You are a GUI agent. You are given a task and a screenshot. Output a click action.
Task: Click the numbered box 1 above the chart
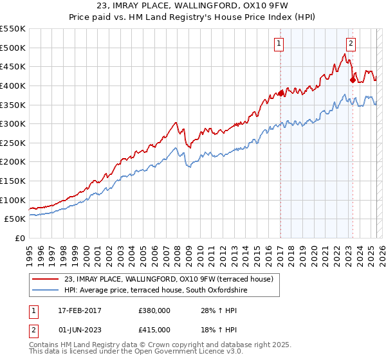click(x=279, y=44)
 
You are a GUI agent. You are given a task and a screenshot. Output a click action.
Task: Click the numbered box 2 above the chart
click(x=351, y=44)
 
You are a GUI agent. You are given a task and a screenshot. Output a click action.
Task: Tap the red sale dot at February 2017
click(x=280, y=93)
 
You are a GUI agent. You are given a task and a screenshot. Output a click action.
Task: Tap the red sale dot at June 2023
click(x=353, y=80)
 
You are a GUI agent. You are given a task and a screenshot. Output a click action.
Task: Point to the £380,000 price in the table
click(x=154, y=310)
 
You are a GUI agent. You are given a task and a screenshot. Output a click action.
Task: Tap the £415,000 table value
click(x=154, y=330)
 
